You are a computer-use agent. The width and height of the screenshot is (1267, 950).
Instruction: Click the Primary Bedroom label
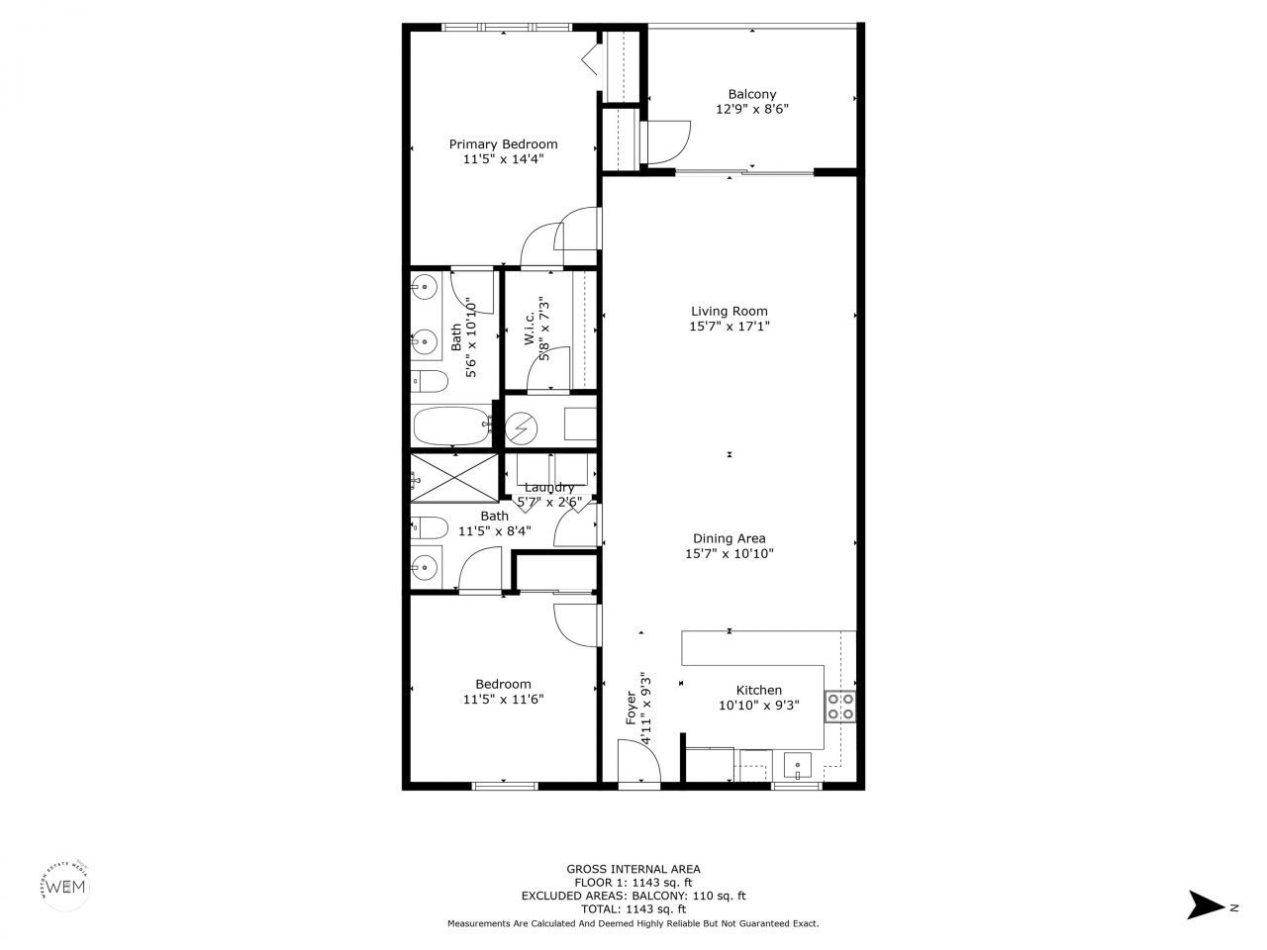[503, 143]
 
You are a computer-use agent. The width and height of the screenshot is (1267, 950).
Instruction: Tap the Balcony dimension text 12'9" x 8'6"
[752, 110]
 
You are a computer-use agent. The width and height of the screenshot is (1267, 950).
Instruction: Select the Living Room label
[729, 311]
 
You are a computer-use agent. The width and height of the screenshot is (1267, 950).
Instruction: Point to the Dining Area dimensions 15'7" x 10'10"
[729, 554]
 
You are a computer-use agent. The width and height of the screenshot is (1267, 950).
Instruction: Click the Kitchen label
[758, 690]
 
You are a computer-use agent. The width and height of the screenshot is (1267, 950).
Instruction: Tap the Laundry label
[549, 487]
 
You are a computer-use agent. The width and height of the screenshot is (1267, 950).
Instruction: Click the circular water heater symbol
[521, 428]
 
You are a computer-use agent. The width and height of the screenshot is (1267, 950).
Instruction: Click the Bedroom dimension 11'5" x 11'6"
[503, 699]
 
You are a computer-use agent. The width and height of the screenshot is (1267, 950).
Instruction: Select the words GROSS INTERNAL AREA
[633, 869]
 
